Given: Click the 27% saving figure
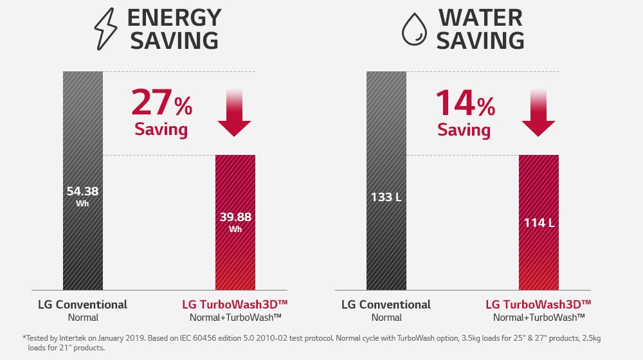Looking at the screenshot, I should (161, 103).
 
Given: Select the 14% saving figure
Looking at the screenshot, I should (465, 103).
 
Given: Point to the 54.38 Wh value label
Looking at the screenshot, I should (82, 195).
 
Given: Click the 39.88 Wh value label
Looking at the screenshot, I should (235, 221).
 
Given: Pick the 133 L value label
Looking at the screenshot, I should (386, 197).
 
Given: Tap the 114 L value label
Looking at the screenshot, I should (539, 222).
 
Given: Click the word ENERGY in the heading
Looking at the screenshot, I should (174, 17).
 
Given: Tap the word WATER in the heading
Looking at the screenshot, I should (480, 17).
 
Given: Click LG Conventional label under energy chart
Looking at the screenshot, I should (82, 304).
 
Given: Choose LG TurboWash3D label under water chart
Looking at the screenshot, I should (538, 304).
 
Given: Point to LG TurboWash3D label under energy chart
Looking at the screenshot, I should (235, 304).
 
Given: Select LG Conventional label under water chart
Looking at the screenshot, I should (386, 304).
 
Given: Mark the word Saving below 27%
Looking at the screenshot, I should (161, 129).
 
